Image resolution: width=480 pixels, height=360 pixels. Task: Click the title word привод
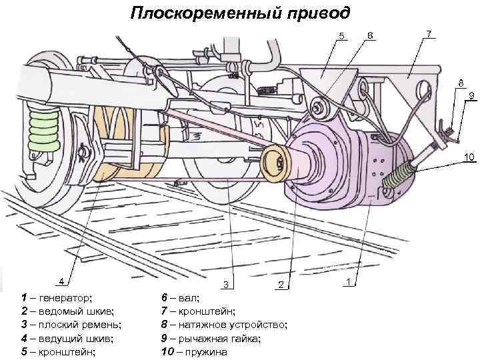[308, 13]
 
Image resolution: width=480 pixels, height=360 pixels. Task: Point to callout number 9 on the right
[471, 96]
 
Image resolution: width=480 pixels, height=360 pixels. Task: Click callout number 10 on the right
[469, 158]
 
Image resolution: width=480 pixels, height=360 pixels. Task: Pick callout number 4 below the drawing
[61, 281]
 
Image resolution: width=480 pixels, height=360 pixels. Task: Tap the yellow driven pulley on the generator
[274, 163]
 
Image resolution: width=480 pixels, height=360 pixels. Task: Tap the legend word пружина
[207, 352]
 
